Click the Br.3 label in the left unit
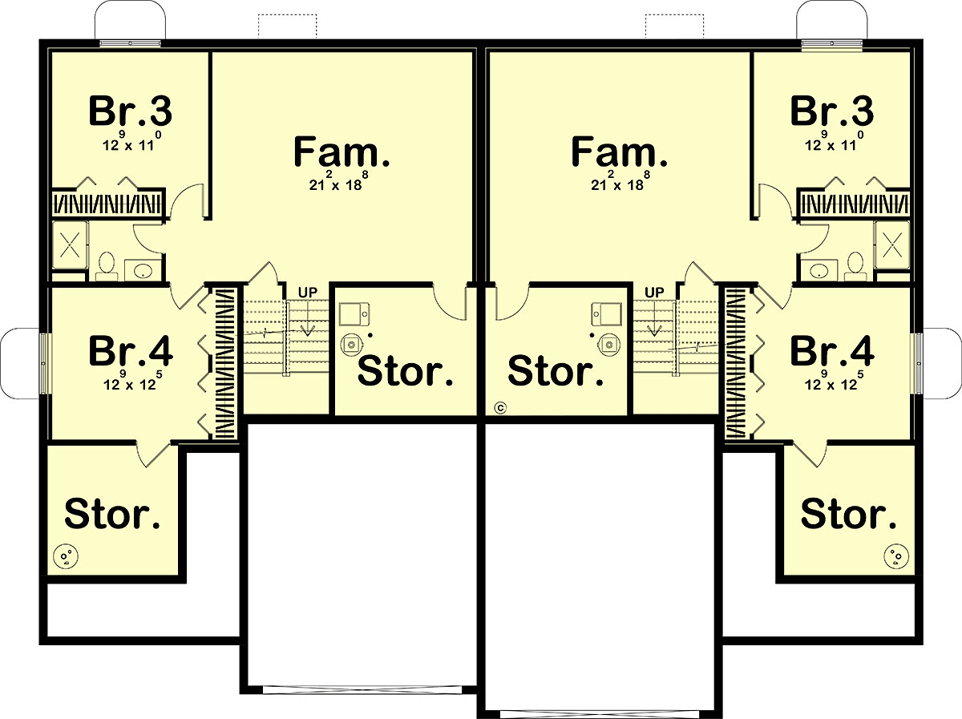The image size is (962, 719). click(x=131, y=111)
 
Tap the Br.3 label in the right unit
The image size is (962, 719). click(x=832, y=111)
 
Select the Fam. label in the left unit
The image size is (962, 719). click(x=342, y=151)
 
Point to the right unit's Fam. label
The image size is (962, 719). click(x=619, y=151)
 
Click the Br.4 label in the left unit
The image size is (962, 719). click(x=131, y=350)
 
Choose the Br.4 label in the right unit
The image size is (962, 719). click(x=832, y=350)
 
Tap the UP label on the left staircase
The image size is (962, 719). click(x=308, y=293)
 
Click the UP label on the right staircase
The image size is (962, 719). click(x=654, y=293)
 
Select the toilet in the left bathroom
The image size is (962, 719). click(x=107, y=266)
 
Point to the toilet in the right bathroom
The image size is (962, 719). click(x=855, y=266)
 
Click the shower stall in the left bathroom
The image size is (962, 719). click(x=70, y=245)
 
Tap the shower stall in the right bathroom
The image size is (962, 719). click(x=892, y=245)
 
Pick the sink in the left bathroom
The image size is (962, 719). click(x=143, y=271)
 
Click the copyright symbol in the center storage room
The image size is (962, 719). click(x=500, y=408)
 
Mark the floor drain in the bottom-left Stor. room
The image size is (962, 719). click(x=66, y=556)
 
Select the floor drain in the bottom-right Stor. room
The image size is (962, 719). click(x=896, y=556)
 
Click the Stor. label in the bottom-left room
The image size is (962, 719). click(x=112, y=514)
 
